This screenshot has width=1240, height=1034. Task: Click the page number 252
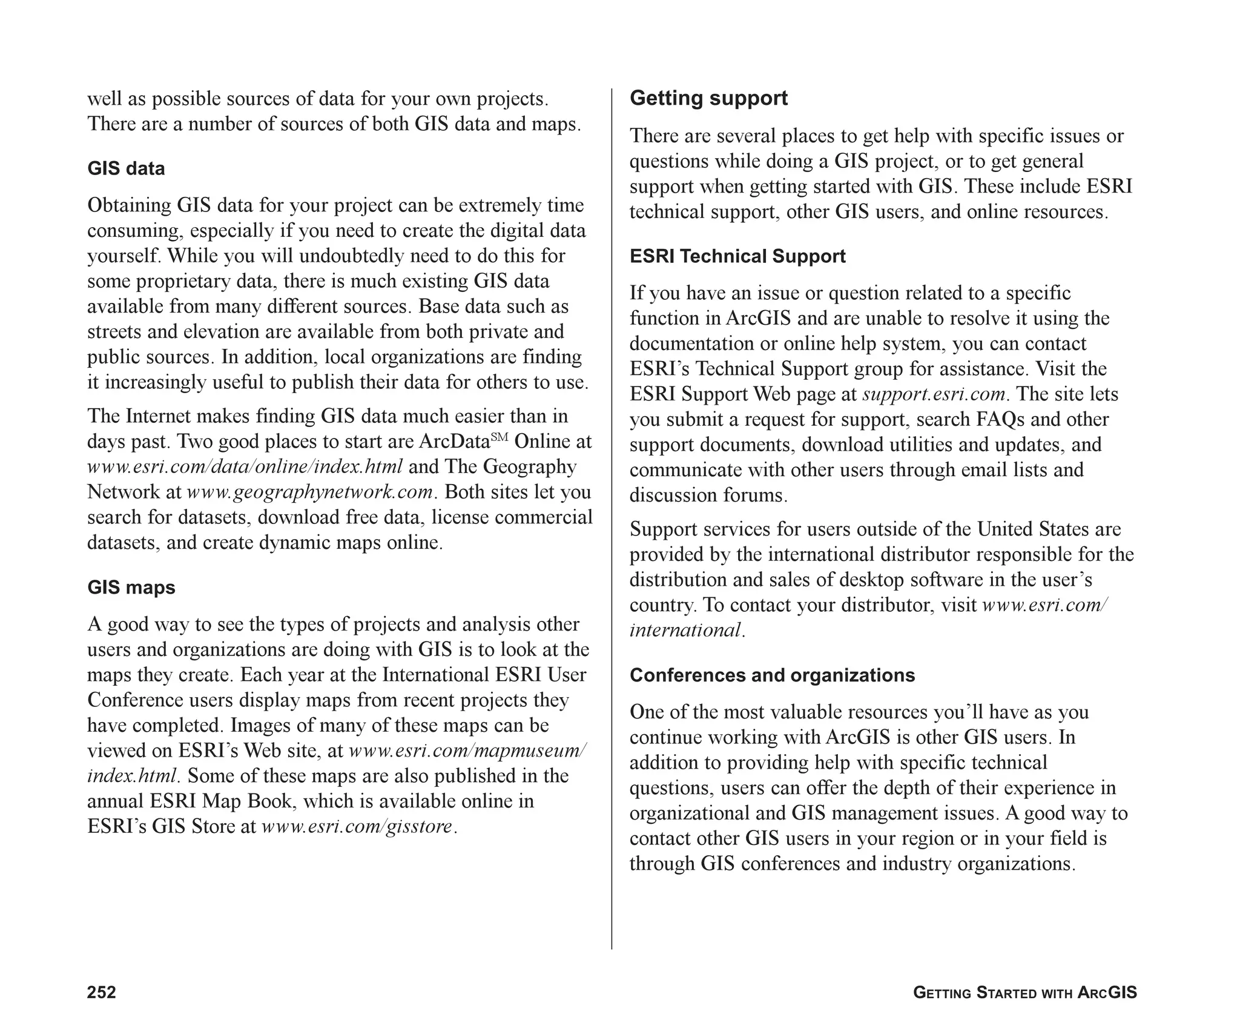tap(102, 992)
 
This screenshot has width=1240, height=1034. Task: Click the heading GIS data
tap(126, 168)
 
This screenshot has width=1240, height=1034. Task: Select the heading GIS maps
tap(131, 588)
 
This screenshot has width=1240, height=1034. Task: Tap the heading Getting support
tap(708, 98)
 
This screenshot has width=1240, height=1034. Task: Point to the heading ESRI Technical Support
tap(737, 256)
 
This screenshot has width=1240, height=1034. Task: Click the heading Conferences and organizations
tap(772, 675)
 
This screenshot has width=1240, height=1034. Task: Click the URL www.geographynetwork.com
tap(310, 492)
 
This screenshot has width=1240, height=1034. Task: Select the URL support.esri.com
tap(934, 394)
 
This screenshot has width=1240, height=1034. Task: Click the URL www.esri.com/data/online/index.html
tap(245, 467)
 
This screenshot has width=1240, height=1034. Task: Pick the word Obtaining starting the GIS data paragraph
tap(130, 205)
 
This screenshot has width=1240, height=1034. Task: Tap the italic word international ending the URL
tap(685, 631)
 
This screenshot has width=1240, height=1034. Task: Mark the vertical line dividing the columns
tap(612, 515)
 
